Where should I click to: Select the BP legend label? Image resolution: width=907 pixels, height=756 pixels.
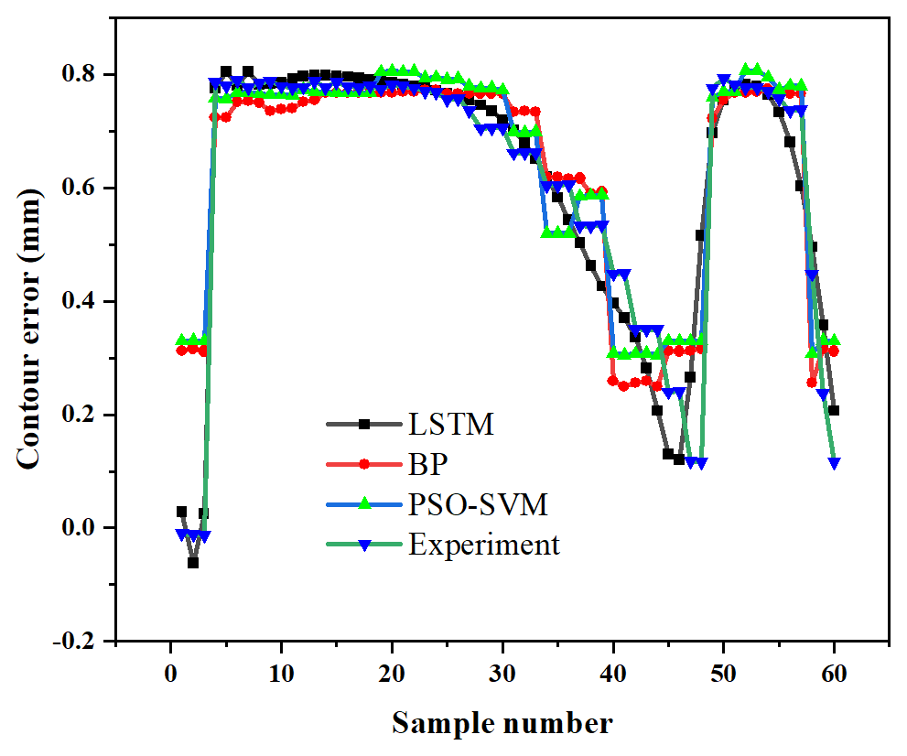click(x=427, y=465)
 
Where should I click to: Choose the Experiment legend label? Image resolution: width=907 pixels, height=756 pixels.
click(x=483, y=545)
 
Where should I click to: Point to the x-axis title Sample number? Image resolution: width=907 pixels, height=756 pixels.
click(x=502, y=723)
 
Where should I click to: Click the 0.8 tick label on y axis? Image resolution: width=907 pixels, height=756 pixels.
click(x=86, y=74)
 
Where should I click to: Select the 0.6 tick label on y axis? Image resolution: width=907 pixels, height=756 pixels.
click(x=86, y=188)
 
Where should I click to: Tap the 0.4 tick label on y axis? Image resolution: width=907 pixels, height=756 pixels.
click(x=86, y=301)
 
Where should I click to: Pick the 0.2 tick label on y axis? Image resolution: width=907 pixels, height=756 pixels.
click(x=86, y=415)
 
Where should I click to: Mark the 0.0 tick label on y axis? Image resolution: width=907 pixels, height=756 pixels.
click(x=86, y=528)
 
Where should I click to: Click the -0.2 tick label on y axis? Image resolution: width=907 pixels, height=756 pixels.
click(x=81, y=642)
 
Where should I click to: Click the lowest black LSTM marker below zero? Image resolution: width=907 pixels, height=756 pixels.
click(x=193, y=563)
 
